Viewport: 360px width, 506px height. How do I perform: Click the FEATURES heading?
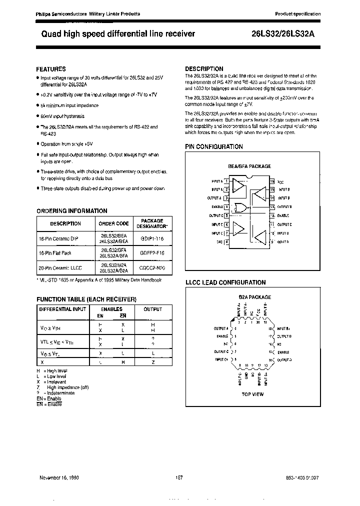(51, 69)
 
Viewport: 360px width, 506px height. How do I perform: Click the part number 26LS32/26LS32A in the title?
(283, 34)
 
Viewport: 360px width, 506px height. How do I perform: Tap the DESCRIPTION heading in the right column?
(204, 68)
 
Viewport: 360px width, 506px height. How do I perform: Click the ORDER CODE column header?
(113, 223)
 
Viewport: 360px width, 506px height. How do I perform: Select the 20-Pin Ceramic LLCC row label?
(59, 268)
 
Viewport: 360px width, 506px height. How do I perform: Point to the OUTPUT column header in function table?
(152, 309)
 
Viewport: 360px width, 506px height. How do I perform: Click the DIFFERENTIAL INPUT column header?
(62, 309)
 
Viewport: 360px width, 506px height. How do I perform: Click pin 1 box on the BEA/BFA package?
(226, 181)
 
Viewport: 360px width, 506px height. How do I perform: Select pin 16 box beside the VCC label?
(272, 181)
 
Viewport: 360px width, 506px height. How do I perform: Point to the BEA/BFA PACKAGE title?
(249, 166)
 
